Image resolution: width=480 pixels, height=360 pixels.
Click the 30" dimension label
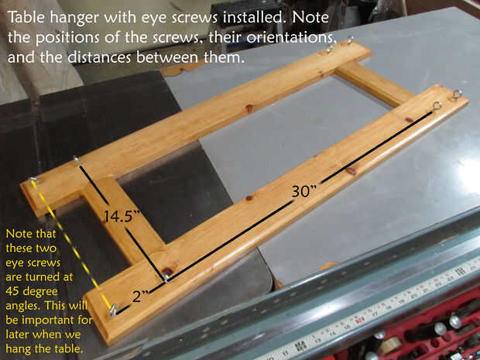pos(303,192)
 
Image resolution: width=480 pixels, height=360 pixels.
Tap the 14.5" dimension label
pos(122,217)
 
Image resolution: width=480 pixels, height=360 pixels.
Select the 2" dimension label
pos(140,297)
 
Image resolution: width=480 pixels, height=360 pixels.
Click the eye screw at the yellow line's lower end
pos(113,310)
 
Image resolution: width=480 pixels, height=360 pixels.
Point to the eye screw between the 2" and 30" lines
pos(166,277)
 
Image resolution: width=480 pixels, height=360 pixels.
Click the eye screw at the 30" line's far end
pos(437,106)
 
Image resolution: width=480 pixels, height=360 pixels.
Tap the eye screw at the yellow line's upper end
pos(33,180)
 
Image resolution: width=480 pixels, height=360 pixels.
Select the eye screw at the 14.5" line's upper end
pos(76,159)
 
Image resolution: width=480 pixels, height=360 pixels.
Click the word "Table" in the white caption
pos(26,17)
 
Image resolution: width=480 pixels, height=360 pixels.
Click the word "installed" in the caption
pos(255,17)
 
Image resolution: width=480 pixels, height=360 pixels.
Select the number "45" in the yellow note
pos(12,291)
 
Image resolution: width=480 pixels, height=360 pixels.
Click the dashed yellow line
pos(72,245)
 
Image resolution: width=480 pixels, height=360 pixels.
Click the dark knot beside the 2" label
pos(167,271)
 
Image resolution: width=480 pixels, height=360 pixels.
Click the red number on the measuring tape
pos(360,321)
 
